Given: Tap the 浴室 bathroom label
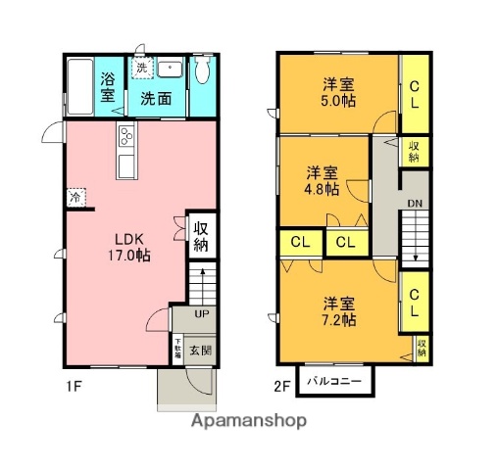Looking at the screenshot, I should (107, 88).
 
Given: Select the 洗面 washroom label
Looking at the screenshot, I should (155, 98).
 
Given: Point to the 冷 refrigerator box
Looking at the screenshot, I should (75, 196).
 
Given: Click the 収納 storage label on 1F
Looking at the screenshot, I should (201, 236).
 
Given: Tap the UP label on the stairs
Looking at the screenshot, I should (201, 314).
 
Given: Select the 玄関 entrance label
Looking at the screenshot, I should (200, 350).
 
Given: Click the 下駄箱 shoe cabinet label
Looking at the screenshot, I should (177, 349).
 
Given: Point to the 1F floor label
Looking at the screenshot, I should (74, 386).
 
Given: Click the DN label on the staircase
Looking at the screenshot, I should (415, 204).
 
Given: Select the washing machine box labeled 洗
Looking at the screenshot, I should (143, 69).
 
